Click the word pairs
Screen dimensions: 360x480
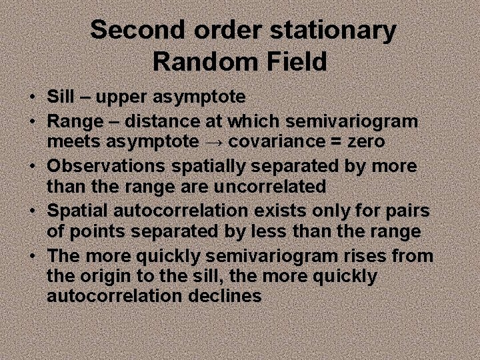(406, 211)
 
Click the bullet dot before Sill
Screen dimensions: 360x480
(32, 97)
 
